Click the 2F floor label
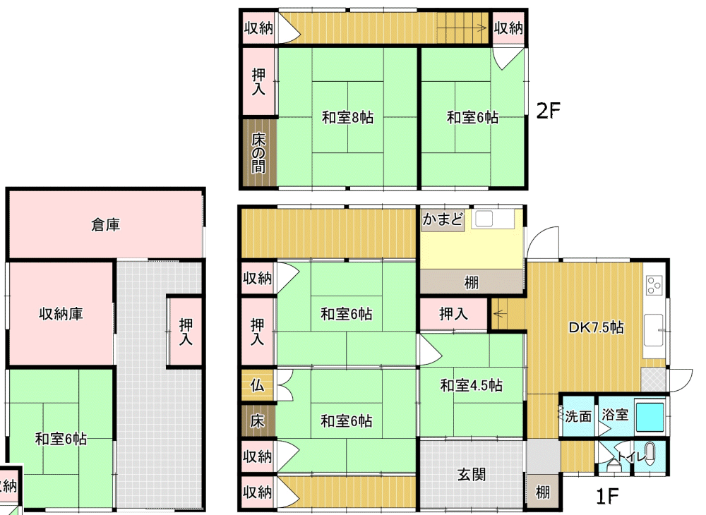click(548, 110)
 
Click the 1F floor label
click(606, 496)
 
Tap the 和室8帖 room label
click(347, 117)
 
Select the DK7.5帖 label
click(596, 327)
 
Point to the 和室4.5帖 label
click(471, 385)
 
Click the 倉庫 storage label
click(105, 224)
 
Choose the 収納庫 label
click(61, 313)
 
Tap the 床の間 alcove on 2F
click(258, 153)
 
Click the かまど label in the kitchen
click(443, 219)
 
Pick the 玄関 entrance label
click(472, 475)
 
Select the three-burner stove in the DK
click(653, 284)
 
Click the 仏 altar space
click(257, 385)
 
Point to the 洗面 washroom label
click(578, 416)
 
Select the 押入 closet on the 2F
click(258, 81)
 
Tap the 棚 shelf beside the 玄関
click(542, 492)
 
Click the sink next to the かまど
click(484, 219)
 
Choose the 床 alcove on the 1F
click(257, 421)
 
